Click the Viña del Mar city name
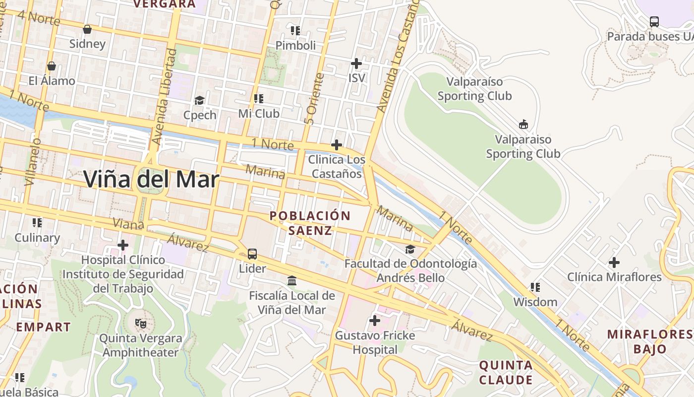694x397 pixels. (151, 179)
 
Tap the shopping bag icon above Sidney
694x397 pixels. (87, 29)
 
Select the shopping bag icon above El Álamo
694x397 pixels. (51, 66)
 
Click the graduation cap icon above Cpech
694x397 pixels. (199, 101)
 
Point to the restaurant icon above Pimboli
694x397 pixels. (295, 31)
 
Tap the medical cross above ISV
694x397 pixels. (356, 64)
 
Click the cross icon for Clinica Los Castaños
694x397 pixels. (336, 145)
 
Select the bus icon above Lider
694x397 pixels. (252, 254)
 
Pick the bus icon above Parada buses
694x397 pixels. (654, 22)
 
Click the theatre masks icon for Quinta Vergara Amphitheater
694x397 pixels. (141, 324)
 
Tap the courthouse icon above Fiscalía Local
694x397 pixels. (292, 281)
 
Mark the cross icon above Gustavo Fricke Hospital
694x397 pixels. (375, 321)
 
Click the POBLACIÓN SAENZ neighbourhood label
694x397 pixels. (310, 223)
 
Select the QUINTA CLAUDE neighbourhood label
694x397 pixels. (506, 373)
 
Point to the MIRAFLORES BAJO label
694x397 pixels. (649, 341)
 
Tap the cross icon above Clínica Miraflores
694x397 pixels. (614, 262)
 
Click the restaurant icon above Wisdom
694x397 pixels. (535, 287)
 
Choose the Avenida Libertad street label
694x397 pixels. (165, 97)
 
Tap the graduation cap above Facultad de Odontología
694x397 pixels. (410, 249)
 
